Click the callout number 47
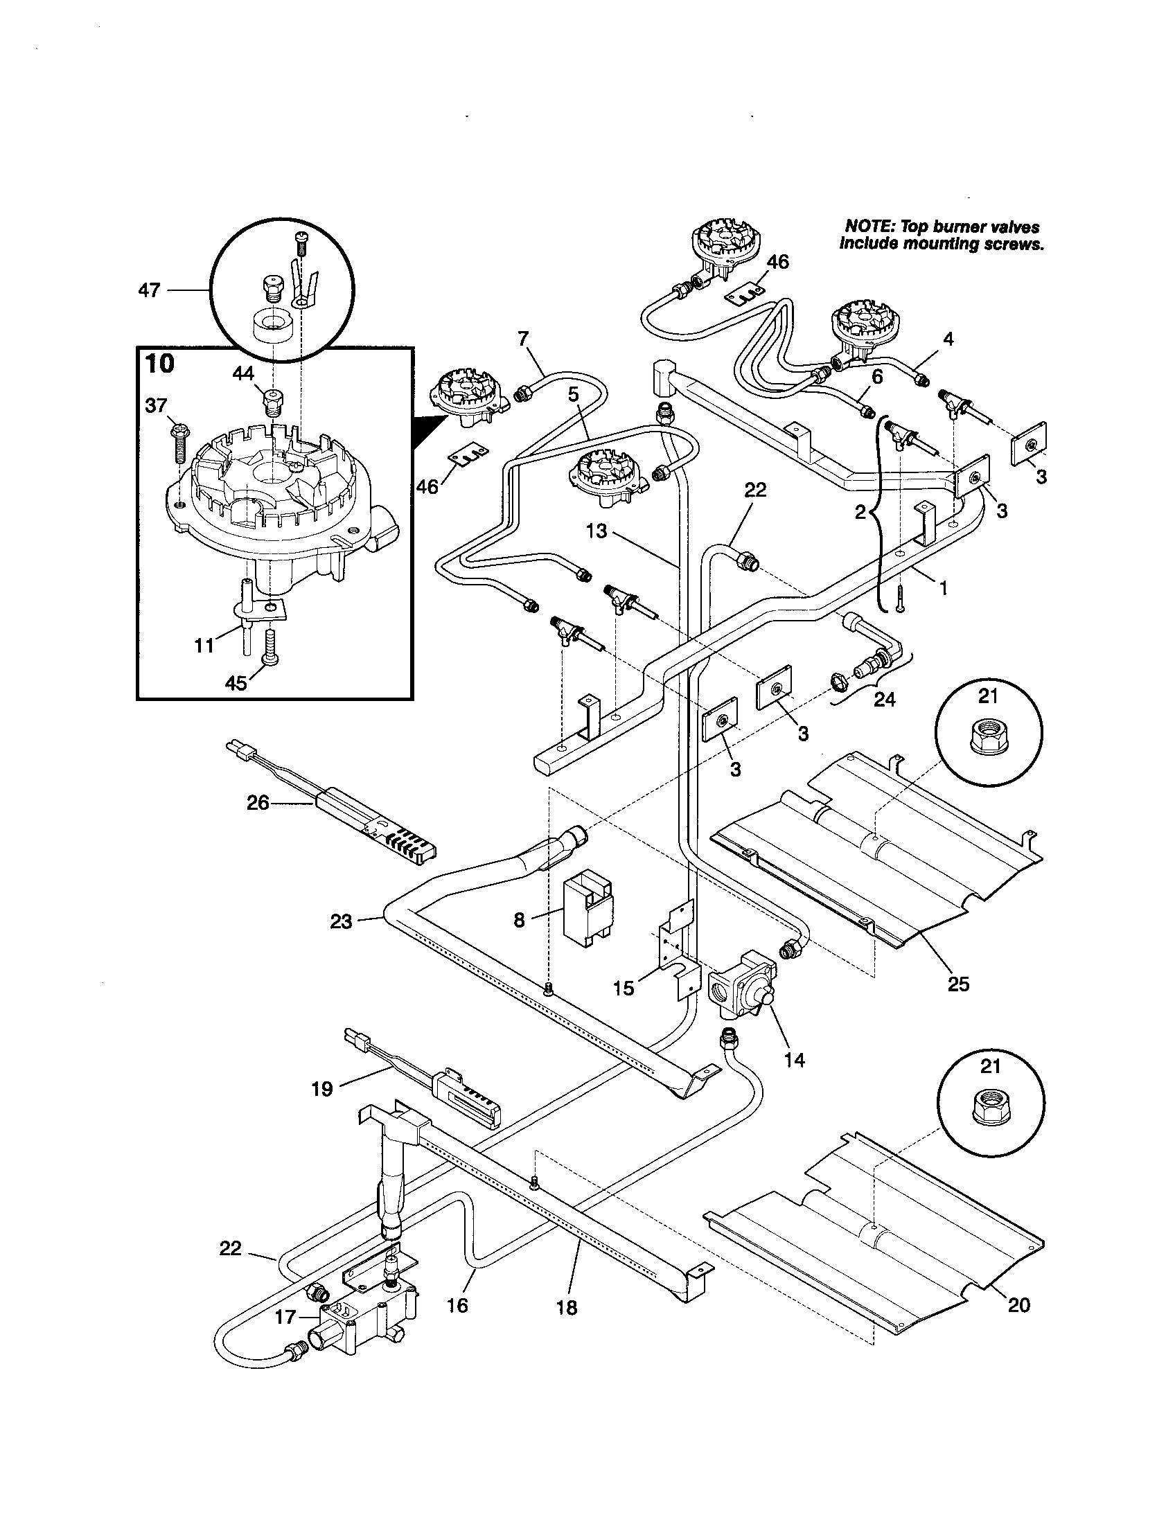pos(149,290)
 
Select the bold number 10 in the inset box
pos(160,364)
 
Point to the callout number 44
pos(242,374)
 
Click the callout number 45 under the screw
pos(236,682)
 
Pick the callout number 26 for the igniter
pos(258,804)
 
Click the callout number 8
pos(519,921)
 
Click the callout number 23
pos(341,922)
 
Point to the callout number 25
pos(959,984)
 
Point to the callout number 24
pos(884,698)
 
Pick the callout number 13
pos(597,532)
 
